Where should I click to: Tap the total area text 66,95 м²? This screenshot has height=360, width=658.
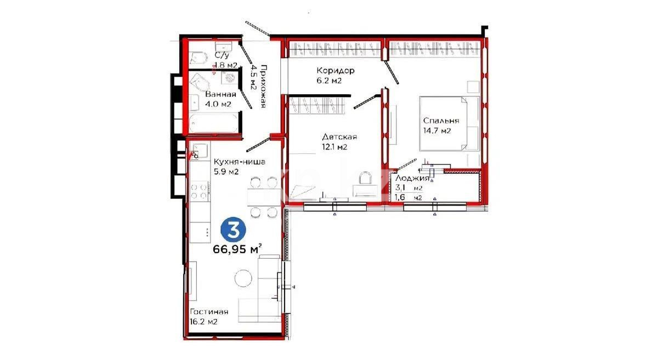coord(237,250)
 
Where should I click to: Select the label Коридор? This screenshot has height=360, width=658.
coord(336,71)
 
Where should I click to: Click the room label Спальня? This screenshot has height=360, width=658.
coord(441,121)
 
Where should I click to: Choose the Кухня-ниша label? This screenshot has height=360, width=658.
coord(240,162)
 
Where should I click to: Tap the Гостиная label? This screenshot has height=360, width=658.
coord(209,312)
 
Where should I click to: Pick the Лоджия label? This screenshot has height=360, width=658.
coord(412,178)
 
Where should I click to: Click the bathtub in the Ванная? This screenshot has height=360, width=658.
coord(213,121)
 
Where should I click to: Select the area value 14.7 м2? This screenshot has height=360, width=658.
coord(437,131)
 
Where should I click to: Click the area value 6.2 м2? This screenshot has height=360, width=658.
coord(329,81)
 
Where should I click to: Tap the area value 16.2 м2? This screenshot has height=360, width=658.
coord(204,322)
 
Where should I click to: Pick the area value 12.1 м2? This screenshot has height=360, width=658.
coord(335,147)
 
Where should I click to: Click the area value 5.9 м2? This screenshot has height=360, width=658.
coord(226,172)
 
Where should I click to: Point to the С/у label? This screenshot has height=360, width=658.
coord(222,55)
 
